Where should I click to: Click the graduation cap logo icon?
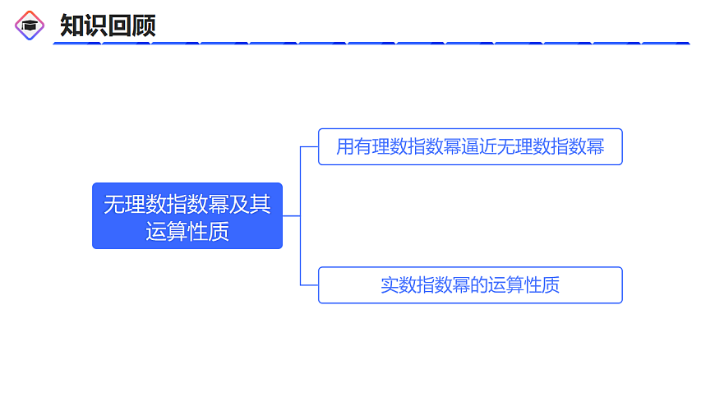(30, 25)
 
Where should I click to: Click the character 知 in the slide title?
(72, 25)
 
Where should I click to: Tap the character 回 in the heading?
(119, 25)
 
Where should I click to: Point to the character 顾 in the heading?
(143, 25)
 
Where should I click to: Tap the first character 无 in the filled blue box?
(113, 204)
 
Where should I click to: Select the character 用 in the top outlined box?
(345, 147)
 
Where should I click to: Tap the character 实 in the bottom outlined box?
(390, 285)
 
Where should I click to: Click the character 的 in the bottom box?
(477, 285)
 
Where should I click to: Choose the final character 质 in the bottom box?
(551, 285)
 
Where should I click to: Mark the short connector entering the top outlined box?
(310, 147)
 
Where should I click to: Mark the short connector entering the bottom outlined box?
(310, 285)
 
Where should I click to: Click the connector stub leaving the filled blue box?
(291, 215)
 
